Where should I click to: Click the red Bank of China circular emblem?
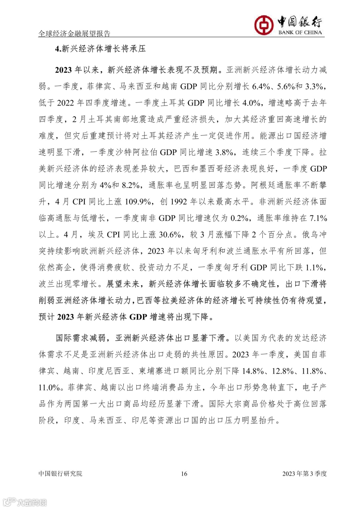click(264, 25)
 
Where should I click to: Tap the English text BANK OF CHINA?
click(300, 32)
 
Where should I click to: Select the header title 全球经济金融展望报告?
click(74, 33)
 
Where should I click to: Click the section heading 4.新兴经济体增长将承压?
click(100, 49)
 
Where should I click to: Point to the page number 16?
click(184, 474)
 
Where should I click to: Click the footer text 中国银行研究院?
click(60, 474)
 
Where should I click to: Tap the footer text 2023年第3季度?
click(304, 474)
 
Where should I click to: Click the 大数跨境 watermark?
click(25, 502)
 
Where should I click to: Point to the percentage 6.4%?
click(261, 87)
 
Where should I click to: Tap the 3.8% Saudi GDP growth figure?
click(224, 152)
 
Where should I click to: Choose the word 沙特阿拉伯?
click(136, 152)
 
